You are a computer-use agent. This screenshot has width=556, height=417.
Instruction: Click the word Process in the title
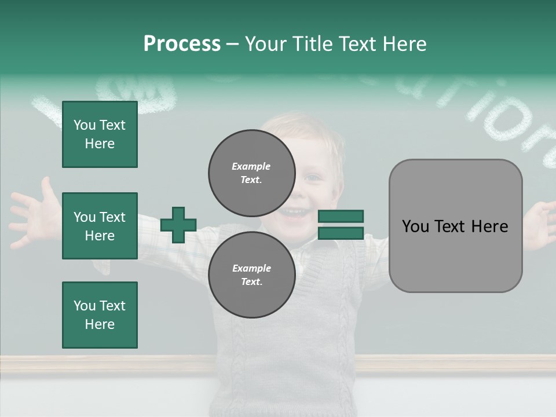tap(182, 44)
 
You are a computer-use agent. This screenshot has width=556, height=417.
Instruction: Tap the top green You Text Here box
tap(100, 134)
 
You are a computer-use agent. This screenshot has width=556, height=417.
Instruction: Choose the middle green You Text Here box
tap(100, 226)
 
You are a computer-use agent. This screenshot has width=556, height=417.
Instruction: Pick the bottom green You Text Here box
tap(100, 314)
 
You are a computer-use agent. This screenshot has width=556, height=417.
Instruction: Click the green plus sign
tap(178, 225)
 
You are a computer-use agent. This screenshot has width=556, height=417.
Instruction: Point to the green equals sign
tap(341, 225)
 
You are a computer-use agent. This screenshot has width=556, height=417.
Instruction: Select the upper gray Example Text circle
tap(251, 173)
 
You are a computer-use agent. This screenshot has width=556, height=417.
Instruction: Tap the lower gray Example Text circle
tap(251, 275)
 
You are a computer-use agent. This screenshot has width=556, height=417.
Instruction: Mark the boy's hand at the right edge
tap(543, 223)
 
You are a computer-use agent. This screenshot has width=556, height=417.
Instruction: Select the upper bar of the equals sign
tap(341, 217)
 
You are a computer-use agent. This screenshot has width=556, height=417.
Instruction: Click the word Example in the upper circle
tap(251, 166)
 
